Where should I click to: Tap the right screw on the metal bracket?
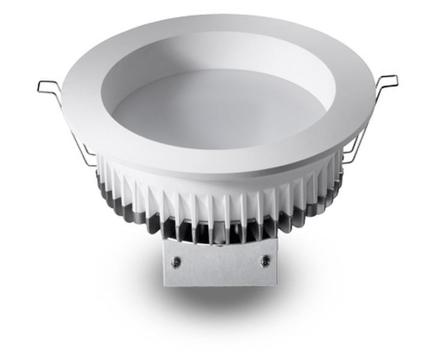pos(264,261)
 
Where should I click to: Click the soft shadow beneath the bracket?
pos(220,300)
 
